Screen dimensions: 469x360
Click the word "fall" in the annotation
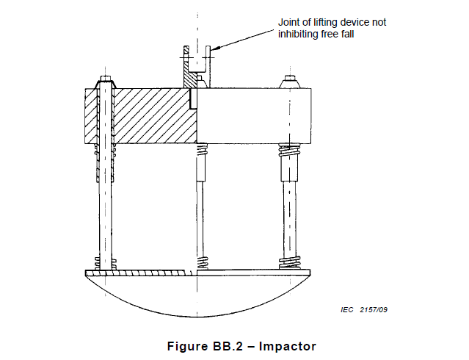[348, 34]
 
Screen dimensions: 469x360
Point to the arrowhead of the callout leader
[214, 48]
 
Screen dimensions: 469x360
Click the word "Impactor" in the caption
[288, 346]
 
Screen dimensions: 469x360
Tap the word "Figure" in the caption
[188, 346]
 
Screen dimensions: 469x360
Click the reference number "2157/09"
[374, 310]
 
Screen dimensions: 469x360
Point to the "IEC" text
[347, 310]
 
